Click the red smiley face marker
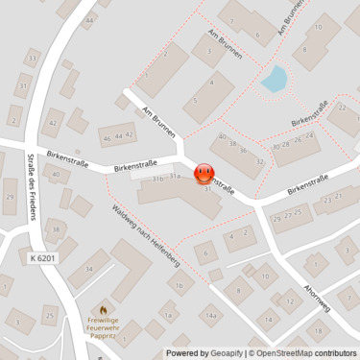(x=204, y=174)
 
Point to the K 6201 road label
(x=42, y=257)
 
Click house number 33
(x=33, y=59)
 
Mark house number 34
(x=88, y=269)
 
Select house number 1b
(x=179, y=285)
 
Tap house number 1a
(x=168, y=315)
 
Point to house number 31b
(x=156, y=179)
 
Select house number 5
(x=196, y=100)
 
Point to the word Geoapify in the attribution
(x=223, y=352)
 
